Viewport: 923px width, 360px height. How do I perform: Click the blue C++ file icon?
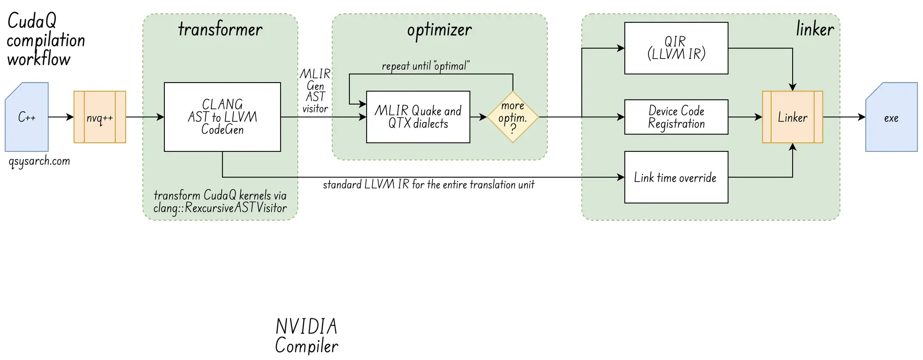pyautogui.click(x=27, y=117)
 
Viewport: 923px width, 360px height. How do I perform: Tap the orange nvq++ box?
pyautogui.click(x=100, y=117)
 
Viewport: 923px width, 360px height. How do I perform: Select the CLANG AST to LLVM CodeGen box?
pyautogui.click(x=222, y=117)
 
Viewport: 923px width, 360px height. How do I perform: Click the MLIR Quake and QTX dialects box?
pyautogui.click(x=418, y=117)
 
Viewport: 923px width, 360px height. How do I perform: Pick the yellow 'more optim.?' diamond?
pyautogui.click(x=512, y=117)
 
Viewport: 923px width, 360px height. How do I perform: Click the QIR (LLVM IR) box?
pyautogui.click(x=676, y=48)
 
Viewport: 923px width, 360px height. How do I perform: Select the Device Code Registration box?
pyautogui.click(x=676, y=117)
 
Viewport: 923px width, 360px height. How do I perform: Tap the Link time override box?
pyautogui.click(x=676, y=177)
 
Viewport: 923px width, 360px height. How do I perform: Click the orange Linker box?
pyautogui.click(x=792, y=117)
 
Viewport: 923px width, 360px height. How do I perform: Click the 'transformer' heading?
pyautogui.click(x=220, y=29)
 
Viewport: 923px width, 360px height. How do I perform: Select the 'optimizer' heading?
pyautogui.click(x=439, y=29)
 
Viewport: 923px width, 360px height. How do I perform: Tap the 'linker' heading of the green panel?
pyautogui.click(x=815, y=29)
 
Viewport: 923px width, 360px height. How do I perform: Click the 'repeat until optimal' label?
pyautogui.click(x=426, y=66)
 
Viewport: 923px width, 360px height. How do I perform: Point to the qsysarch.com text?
pyautogui.click(x=39, y=161)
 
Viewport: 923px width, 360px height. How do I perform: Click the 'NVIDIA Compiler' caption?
pyautogui.click(x=306, y=336)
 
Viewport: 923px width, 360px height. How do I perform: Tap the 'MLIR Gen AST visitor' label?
pyautogui.click(x=315, y=91)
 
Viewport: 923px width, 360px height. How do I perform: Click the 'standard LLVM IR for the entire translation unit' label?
pyautogui.click(x=429, y=185)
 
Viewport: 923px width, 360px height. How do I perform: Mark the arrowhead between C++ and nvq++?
pyautogui.click(x=70, y=117)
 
